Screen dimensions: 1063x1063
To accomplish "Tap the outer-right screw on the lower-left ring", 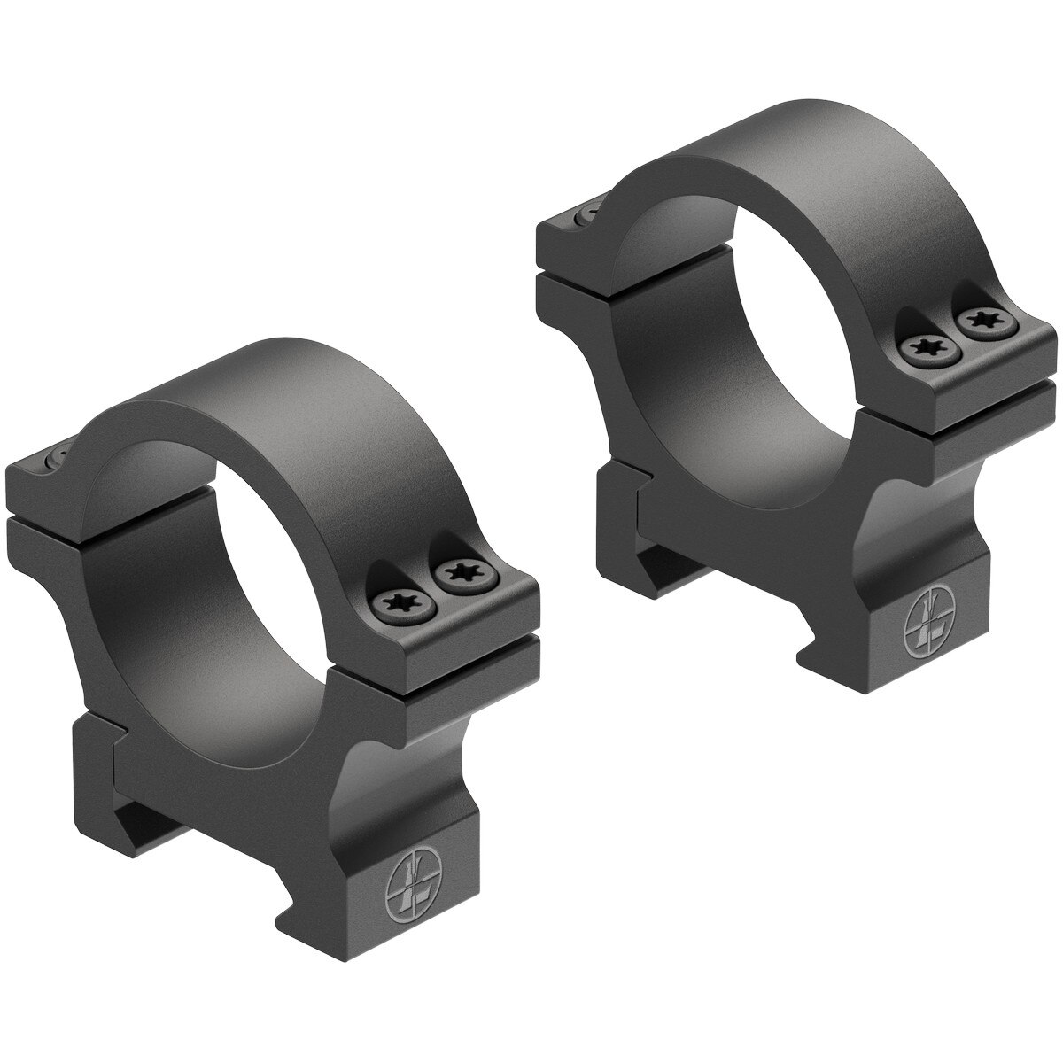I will click(462, 574).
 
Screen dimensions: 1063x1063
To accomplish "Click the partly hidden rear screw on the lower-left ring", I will click(55, 457).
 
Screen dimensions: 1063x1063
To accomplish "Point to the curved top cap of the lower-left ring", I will click(230, 390).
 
